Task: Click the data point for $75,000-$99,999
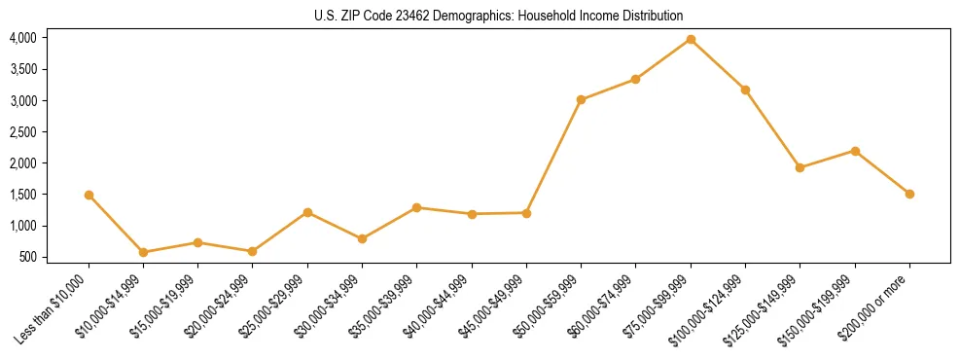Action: [691, 39]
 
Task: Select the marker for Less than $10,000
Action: [89, 195]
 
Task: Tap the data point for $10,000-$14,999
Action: [144, 252]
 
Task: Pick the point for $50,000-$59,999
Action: [581, 99]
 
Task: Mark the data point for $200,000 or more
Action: [909, 194]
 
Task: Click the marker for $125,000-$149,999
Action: [800, 167]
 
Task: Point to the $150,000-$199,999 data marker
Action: [855, 151]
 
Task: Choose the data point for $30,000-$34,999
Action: [362, 238]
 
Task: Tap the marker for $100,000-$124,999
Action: [745, 90]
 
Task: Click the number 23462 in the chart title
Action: [411, 17]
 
